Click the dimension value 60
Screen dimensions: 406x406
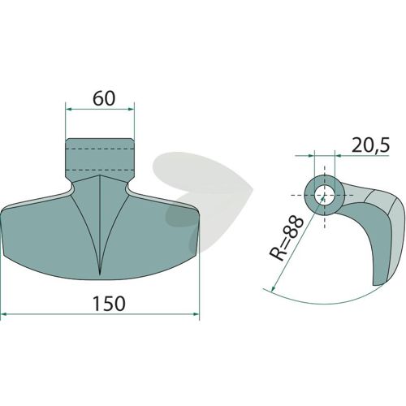pyautogui.click(x=104, y=98)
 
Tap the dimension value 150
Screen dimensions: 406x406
pyautogui.click(x=109, y=303)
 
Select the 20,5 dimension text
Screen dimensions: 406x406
pyautogui.click(x=370, y=145)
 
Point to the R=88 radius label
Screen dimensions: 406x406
pyautogui.click(x=286, y=238)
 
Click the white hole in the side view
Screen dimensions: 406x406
pyautogui.click(x=325, y=196)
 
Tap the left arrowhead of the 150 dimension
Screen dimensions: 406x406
pyautogui.click(x=4, y=314)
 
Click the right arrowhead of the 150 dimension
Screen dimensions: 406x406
pyautogui.click(x=196, y=314)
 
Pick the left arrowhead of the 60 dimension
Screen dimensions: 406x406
pyautogui.click(x=69, y=109)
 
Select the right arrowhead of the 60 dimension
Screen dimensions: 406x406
pyautogui.click(x=131, y=109)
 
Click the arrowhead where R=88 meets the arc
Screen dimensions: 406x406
pyautogui.click(x=274, y=289)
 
